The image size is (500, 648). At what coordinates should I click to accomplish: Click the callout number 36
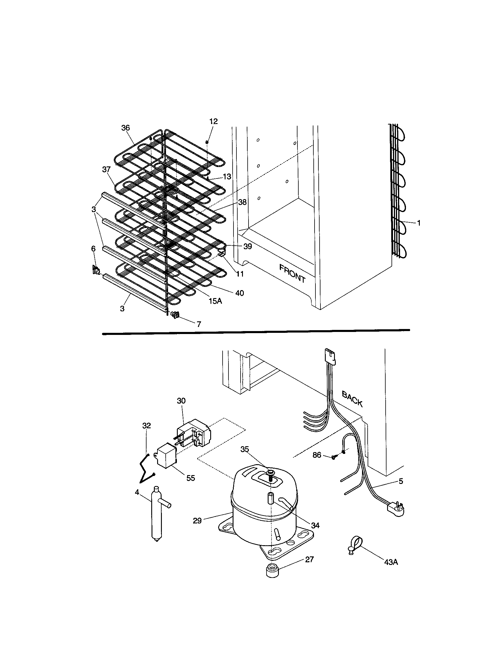click(x=126, y=128)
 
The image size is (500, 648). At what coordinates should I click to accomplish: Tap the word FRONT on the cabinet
click(x=292, y=273)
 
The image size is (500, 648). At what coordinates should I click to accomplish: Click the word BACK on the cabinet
click(x=352, y=399)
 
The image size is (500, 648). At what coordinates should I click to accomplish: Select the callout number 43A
click(x=391, y=562)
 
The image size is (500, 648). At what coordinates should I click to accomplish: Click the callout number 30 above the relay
click(x=181, y=401)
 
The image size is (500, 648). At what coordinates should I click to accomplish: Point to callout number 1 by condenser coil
click(x=419, y=223)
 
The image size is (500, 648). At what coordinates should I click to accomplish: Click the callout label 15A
click(x=215, y=301)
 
